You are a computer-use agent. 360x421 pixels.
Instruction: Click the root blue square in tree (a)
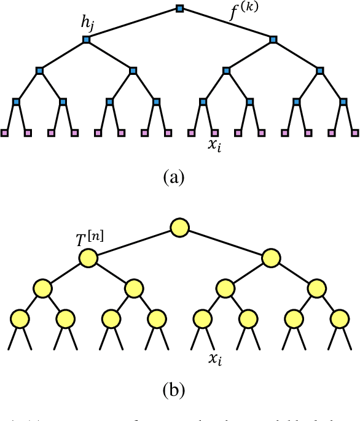pos(180,9)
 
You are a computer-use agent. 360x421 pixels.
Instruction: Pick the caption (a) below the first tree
pos(174,177)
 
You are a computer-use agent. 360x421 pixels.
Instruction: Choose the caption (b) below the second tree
pos(174,390)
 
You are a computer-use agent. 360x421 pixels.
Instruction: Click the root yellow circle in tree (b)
pos(180,226)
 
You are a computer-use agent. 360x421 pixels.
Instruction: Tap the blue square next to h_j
pos(86,40)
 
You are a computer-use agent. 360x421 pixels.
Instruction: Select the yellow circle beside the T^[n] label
pos(88,258)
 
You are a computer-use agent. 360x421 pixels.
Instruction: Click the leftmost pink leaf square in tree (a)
pos(4,132)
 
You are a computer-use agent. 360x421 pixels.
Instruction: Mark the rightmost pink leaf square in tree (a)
pos(355,132)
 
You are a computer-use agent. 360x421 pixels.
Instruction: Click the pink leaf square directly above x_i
pos(214,132)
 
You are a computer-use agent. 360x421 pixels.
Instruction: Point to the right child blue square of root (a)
pos(273,40)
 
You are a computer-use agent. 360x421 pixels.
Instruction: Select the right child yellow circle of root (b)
pos(272,258)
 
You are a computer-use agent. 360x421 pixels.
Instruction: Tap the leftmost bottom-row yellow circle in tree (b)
pos(20,319)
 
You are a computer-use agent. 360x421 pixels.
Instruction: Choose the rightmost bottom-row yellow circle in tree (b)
pos(338,319)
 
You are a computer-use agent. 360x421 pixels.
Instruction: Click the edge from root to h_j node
pos(133,25)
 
